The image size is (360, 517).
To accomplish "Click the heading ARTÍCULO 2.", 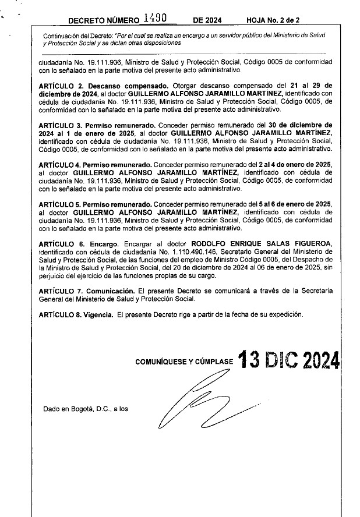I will coord(61,85).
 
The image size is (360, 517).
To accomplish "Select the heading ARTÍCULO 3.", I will coord(61,125).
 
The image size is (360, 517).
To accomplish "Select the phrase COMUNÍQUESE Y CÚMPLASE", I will coord(184,362).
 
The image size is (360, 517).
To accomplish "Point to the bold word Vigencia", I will coord(98,314).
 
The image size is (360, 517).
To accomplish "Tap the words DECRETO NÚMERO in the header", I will coord(103,21).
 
